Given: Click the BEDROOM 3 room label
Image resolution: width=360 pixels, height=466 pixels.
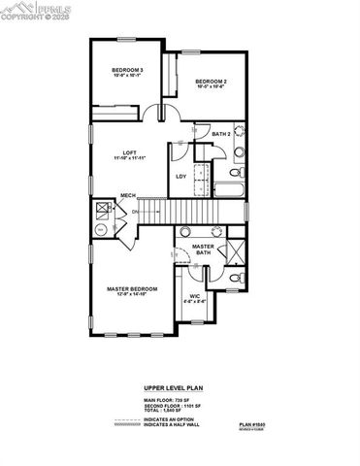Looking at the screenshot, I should tap(127, 71).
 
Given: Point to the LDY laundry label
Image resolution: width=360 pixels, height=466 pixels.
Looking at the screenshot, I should tap(180, 176).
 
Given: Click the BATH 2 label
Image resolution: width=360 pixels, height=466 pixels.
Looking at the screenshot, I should tap(221, 134).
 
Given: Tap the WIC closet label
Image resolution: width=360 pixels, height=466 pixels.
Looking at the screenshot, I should tap(195, 297).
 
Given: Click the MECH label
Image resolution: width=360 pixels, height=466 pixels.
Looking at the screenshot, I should tap(127, 196).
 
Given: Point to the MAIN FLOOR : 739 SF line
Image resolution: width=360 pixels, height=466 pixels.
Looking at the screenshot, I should tap(165, 398).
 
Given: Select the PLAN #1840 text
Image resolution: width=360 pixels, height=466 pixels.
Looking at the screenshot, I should tap(254, 424).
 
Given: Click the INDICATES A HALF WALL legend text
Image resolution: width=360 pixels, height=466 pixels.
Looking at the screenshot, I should tap(176, 426).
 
